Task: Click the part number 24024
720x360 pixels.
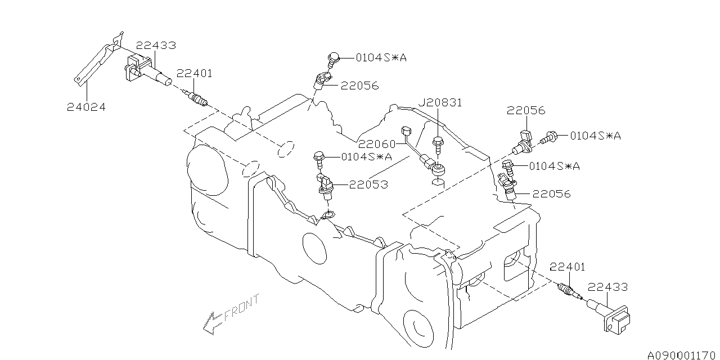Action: (x=86, y=106)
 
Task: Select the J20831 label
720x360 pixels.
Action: (x=439, y=102)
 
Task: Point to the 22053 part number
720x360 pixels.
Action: (x=368, y=184)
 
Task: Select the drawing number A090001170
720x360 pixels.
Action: (x=680, y=354)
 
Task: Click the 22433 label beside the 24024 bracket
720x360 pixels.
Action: (x=155, y=46)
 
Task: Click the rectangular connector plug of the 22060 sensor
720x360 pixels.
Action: (x=408, y=131)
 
